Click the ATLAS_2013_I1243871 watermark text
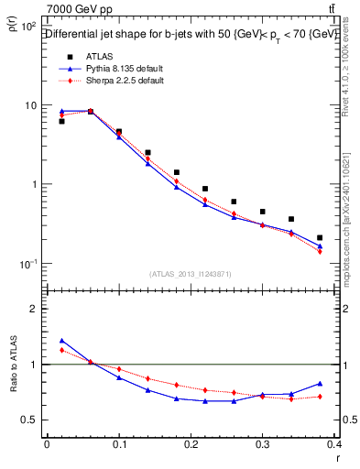tap(190, 274)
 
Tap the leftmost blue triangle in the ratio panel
tap(62, 340)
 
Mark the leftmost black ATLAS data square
tap(61, 121)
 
